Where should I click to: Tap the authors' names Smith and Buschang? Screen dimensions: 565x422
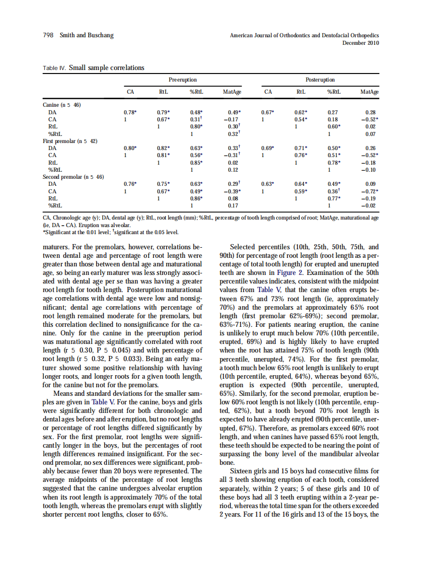coord(87,35)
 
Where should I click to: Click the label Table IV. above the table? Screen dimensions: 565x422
coord(54,68)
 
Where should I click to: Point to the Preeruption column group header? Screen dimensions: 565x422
coord(182,80)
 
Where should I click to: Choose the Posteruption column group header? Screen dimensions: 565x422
coord(320,80)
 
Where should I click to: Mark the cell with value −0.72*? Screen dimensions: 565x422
coord(370,192)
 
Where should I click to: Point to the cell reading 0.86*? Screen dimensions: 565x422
coord(196,199)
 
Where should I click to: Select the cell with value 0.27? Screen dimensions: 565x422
coord(332,112)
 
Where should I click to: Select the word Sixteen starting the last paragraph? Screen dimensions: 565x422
coord(241,471)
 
